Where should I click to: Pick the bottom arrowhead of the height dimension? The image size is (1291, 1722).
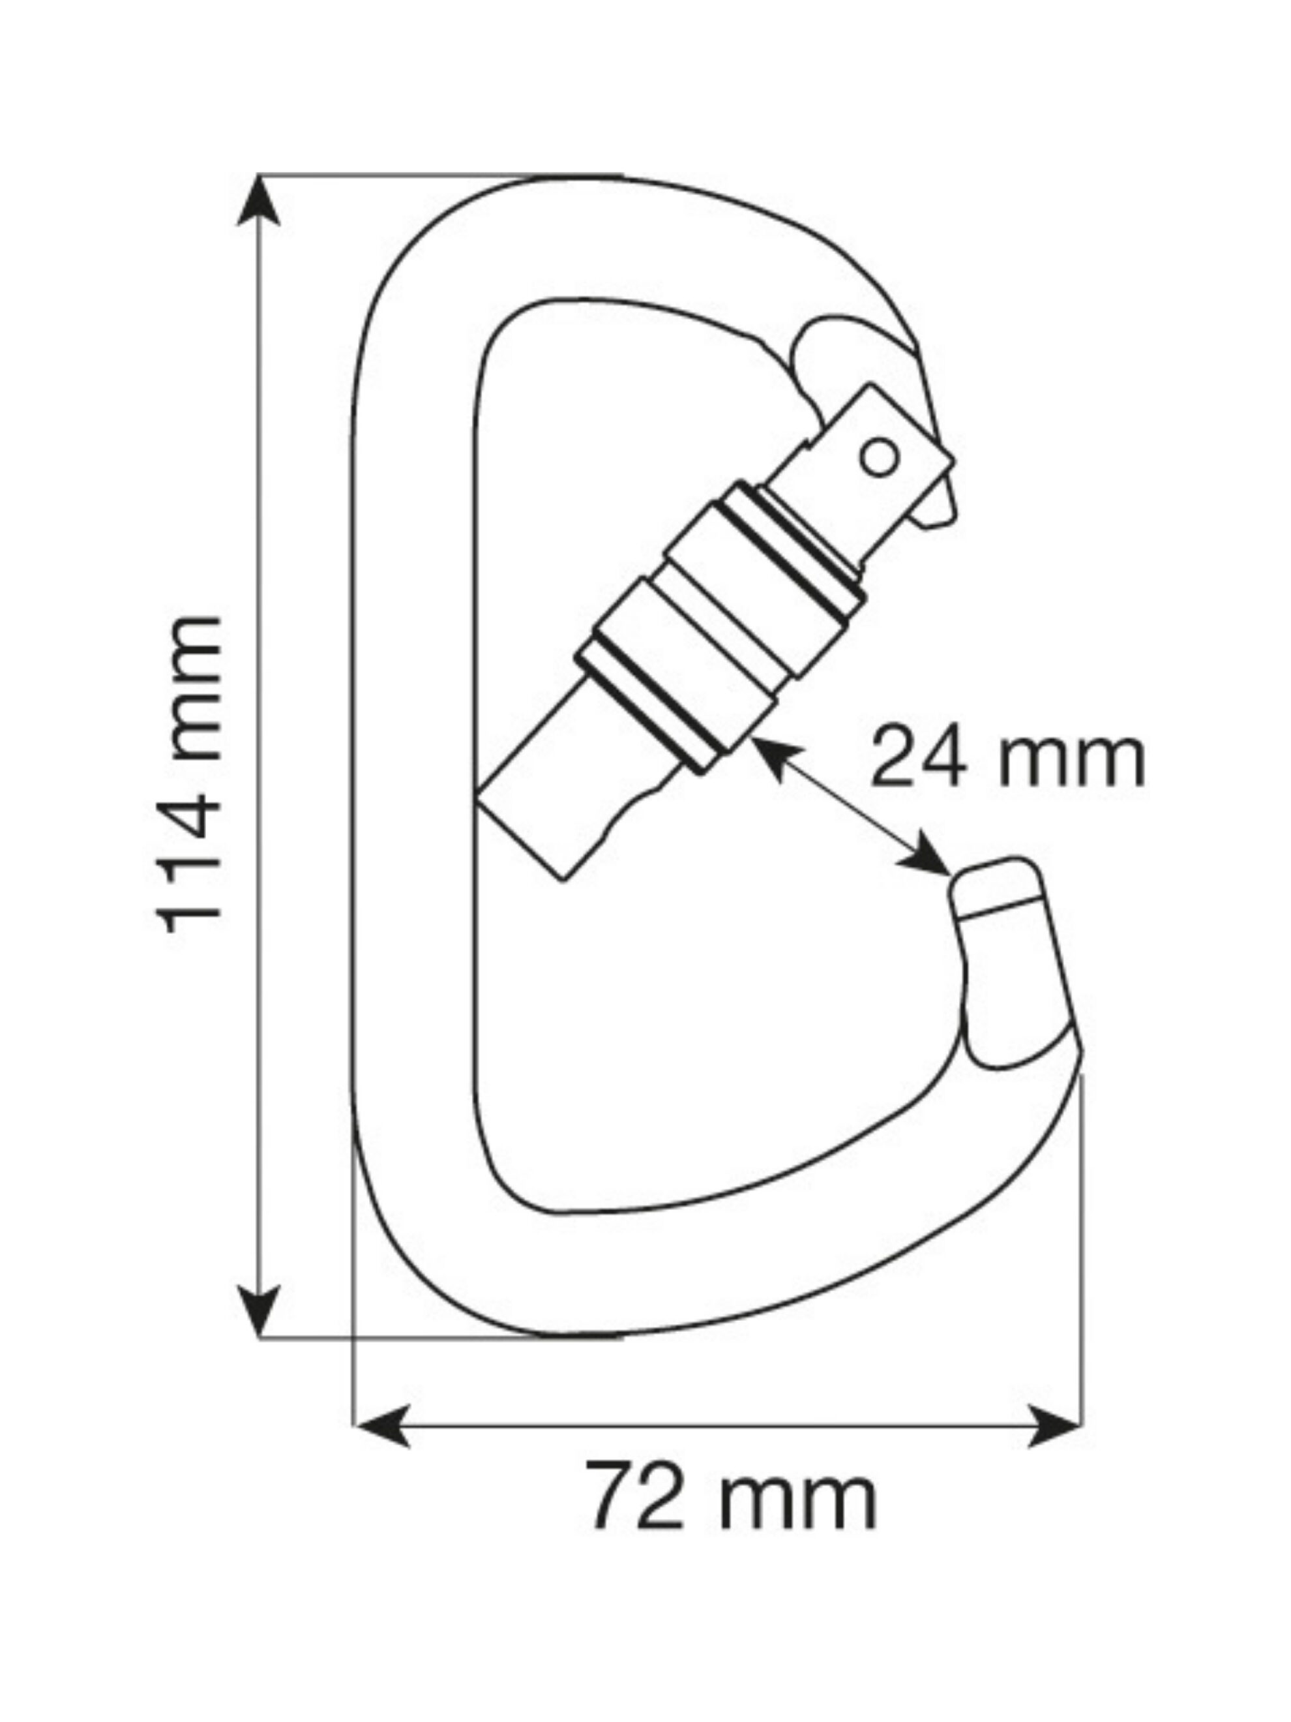tap(258, 1312)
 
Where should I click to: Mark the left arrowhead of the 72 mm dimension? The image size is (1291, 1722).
tap(381, 1425)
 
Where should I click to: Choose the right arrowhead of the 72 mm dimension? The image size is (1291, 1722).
tap(1054, 1425)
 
